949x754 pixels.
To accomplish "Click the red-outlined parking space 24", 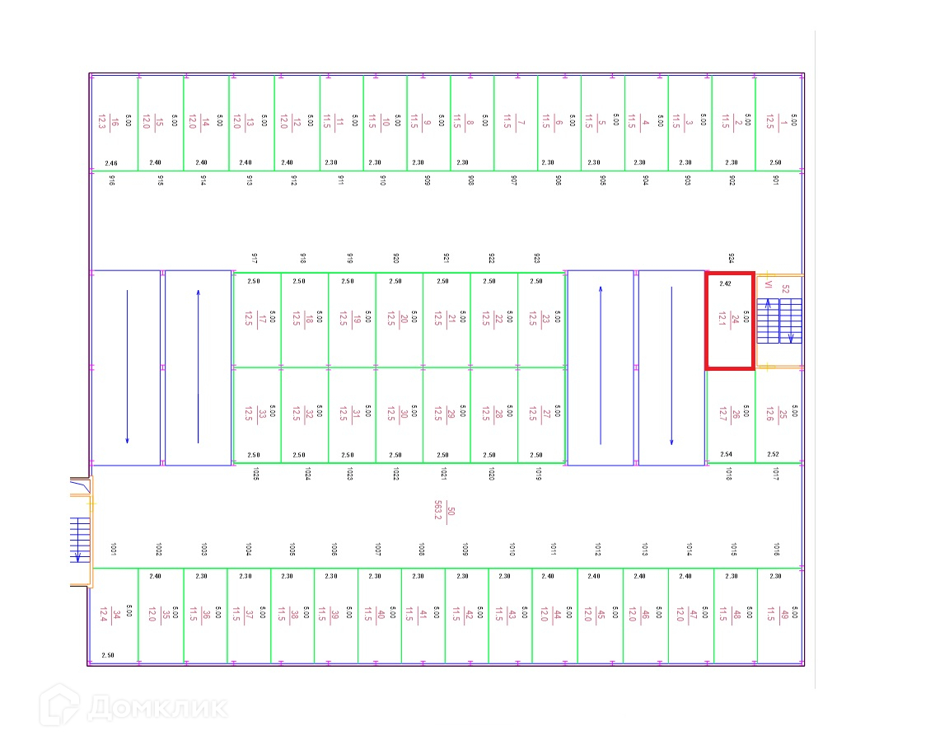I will (729, 320).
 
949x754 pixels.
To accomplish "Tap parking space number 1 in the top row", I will (778, 123).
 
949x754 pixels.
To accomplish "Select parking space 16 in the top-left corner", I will (114, 123).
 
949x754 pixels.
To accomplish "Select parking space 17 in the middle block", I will (256, 319).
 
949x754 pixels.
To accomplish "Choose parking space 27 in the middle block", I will (540, 414).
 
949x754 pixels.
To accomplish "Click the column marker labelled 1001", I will (113, 549).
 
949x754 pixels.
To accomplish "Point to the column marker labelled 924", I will (731, 259).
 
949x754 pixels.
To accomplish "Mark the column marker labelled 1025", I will (256, 474).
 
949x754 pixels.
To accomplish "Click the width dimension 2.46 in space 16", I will (111, 163).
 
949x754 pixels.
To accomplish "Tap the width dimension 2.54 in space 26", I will (726, 454).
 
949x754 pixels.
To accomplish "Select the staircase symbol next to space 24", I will (778, 321).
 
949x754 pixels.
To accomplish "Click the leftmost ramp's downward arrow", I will (127, 367).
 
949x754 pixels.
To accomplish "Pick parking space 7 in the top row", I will (515, 123).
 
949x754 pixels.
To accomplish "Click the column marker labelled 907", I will (514, 180).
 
